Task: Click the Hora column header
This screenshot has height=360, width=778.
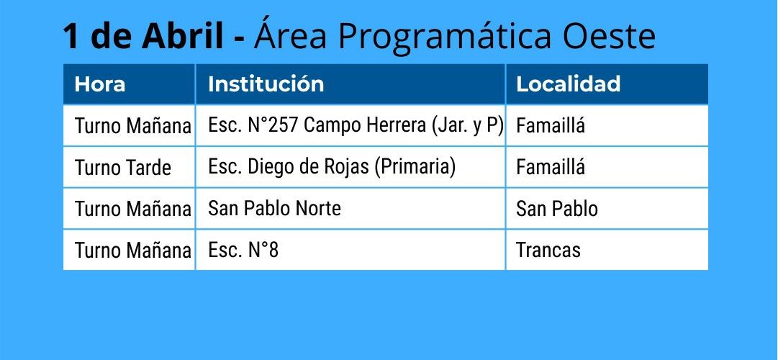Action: click(100, 84)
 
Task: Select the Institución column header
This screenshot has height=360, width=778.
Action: click(266, 84)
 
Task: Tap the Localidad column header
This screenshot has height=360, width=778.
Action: click(568, 84)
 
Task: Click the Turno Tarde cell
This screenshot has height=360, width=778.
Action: click(122, 167)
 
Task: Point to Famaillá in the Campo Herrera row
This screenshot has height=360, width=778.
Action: click(551, 125)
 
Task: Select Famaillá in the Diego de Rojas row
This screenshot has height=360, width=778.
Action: click(551, 167)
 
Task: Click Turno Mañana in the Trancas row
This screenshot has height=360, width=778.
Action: click(132, 251)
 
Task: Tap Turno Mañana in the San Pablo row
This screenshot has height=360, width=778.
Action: click(132, 209)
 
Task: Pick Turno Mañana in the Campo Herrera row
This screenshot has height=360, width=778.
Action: click(132, 126)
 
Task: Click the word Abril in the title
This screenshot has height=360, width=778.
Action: click(183, 36)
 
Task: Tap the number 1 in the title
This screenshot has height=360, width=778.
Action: click(72, 36)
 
